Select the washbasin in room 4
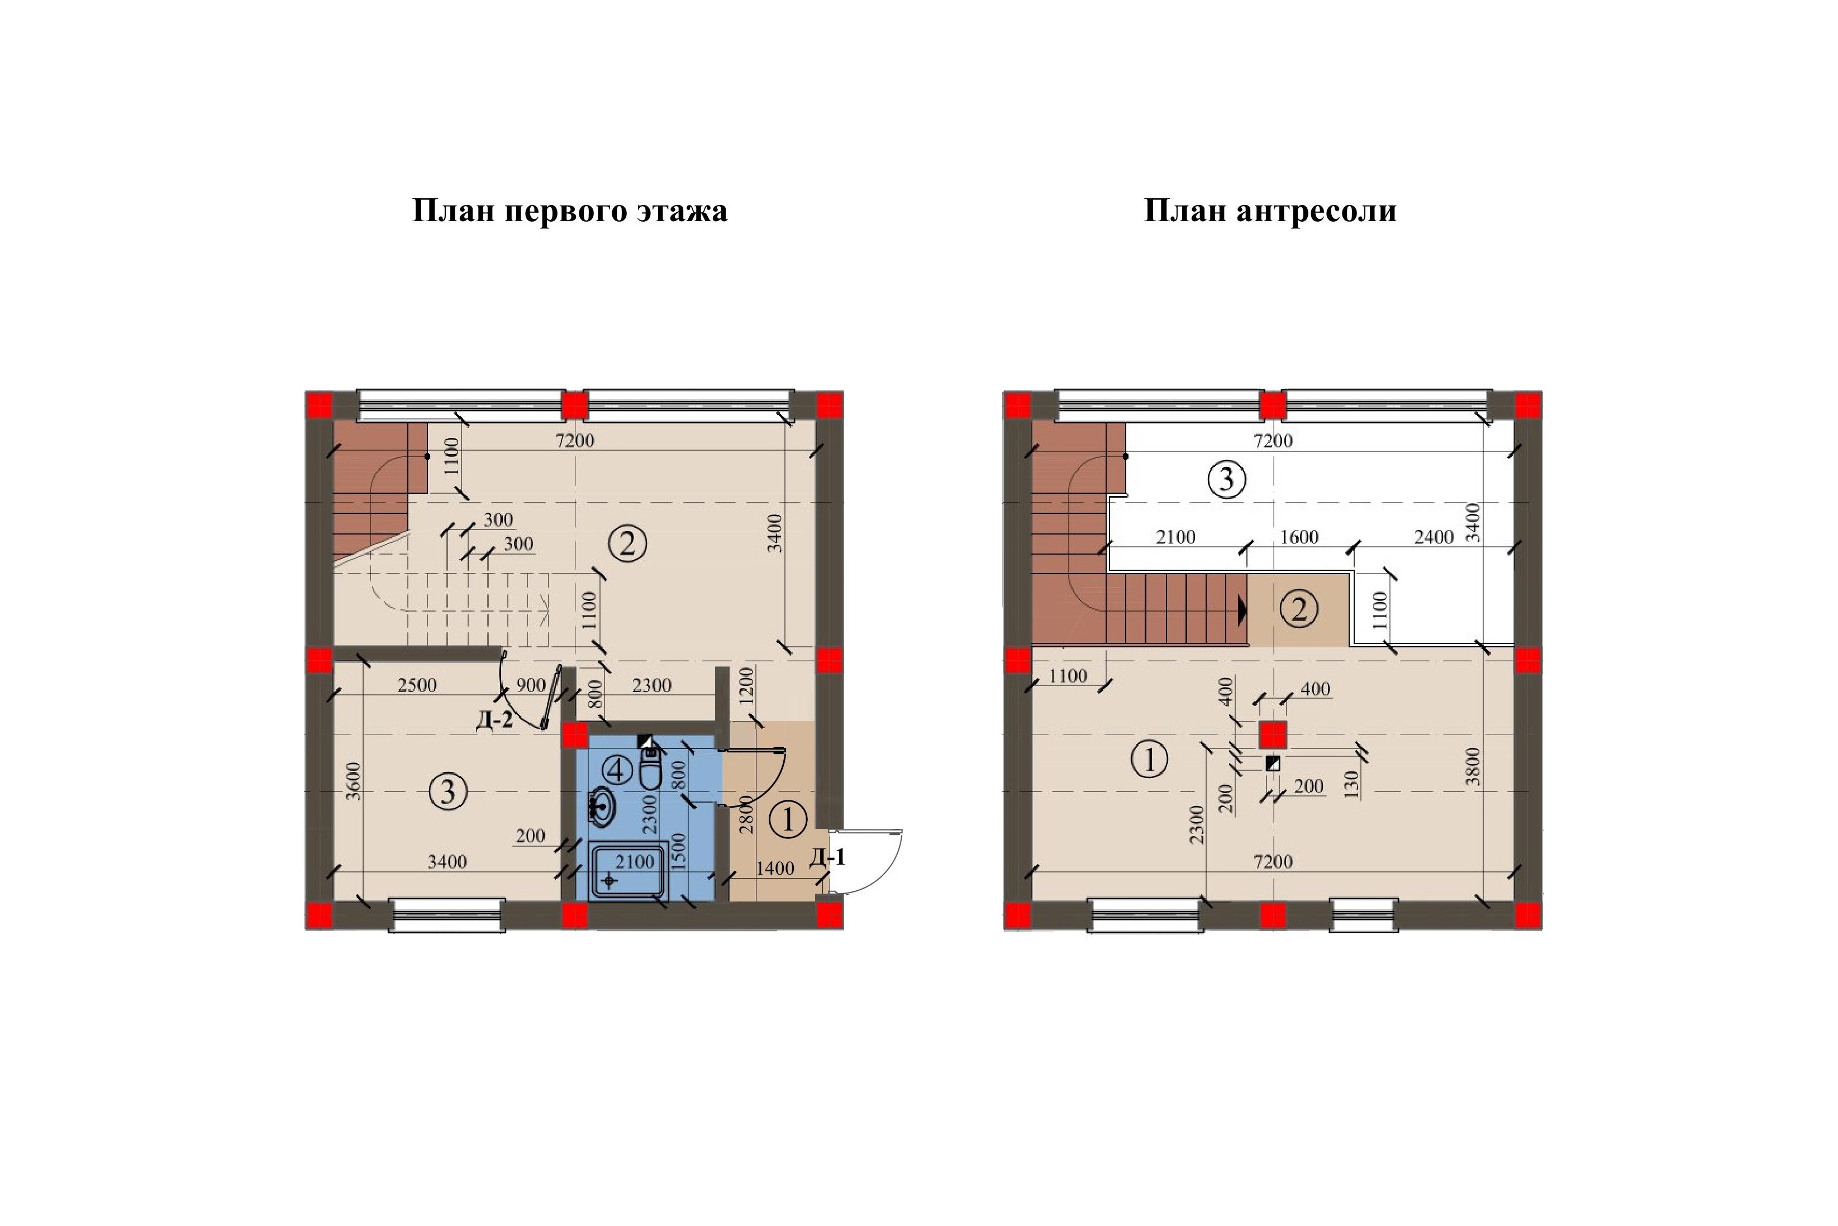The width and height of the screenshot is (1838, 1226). point(601,807)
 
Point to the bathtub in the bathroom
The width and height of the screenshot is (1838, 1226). point(630,870)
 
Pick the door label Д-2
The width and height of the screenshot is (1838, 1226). point(494,719)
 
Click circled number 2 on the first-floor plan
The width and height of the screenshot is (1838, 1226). point(627,543)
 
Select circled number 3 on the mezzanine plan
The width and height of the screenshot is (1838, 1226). point(1226,479)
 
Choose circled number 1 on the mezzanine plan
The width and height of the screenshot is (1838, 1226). point(1149,759)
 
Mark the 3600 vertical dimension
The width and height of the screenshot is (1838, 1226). point(354,780)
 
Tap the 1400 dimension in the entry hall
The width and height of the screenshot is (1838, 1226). point(775,868)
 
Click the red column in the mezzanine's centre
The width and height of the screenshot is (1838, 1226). point(1273,735)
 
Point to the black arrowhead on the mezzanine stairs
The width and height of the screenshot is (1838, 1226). point(1242,610)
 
